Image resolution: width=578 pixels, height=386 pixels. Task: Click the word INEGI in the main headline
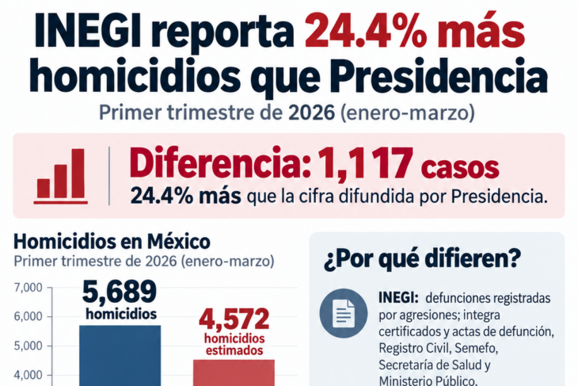(x=87, y=30)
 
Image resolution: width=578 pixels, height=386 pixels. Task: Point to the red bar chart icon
(x=61, y=176)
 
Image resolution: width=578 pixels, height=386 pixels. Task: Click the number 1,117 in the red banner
(x=365, y=163)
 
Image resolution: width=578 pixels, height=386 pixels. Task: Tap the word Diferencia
(x=221, y=163)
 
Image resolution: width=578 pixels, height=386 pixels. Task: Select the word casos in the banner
(x=460, y=169)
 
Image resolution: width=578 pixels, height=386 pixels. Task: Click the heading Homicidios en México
(x=112, y=242)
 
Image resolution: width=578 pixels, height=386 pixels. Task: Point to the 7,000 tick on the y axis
(x=28, y=288)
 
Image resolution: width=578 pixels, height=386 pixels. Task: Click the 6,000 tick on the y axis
(x=28, y=317)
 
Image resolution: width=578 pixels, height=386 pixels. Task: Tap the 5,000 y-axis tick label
(x=28, y=346)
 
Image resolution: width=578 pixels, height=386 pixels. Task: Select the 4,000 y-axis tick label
(x=28, y=375)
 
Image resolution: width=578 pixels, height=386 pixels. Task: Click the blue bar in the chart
(x=120, y=356)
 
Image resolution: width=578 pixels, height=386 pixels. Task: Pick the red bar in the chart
(x=234, y=373)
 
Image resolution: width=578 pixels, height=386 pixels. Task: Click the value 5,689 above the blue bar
(x=120, y=292)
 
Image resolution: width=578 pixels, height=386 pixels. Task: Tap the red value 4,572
(x=234, y=319)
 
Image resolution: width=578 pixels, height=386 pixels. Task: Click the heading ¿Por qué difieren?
(x=423, y=259)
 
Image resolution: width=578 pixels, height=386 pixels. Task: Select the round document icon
(x=343, y=313)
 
